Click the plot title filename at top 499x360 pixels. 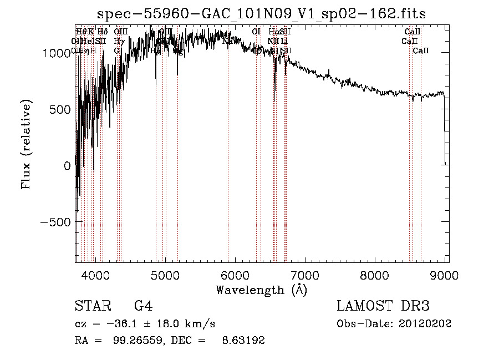coord(261,14)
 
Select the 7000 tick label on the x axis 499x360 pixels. coord(305,275)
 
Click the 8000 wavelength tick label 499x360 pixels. coord(375,275)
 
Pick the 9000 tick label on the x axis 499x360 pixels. coord(445,275)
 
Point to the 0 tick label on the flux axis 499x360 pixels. coord(67,166)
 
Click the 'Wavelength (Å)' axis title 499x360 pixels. coord(261,290)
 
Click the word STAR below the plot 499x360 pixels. coord(91,306)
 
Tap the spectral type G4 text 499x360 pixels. coord(143,306)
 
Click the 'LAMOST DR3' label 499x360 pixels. coord(383,306)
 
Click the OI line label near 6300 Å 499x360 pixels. coord(256,32)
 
